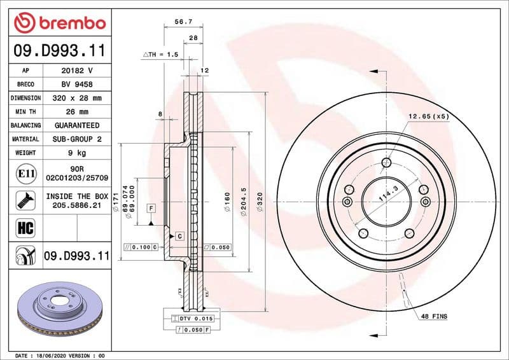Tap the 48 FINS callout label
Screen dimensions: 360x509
[434, 316]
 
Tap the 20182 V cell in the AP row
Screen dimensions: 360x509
[77, 71]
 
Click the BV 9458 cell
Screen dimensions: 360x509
[77, 85]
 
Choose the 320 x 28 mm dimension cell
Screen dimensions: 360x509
[77, 99]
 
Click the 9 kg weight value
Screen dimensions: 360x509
[77, 153]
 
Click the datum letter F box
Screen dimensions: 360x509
[151, 208]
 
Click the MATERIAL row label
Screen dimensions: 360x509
[27, 139]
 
